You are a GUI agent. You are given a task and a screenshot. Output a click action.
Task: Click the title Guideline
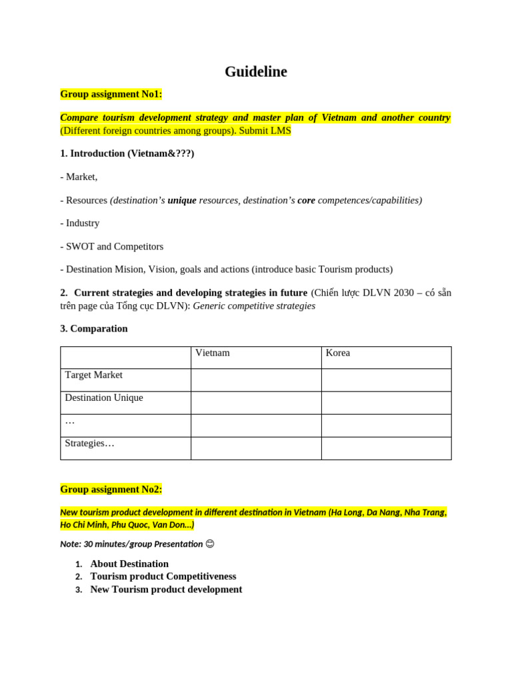[255, 72]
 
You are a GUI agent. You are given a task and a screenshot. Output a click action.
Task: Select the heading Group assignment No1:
[111, 94]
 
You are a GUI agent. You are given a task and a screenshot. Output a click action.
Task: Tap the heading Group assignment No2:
[111, 489]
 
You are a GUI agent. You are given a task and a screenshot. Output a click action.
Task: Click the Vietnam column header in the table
[212, 353]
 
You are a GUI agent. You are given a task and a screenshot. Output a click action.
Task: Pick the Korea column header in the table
[337, 353]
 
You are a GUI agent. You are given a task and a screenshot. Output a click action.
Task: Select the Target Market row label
[93, 375]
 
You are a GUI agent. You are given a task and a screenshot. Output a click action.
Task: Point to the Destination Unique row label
[103, 398]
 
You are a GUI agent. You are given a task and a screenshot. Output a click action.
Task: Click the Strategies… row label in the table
[89, 443]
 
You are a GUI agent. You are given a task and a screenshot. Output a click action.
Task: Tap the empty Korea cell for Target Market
[386, 380]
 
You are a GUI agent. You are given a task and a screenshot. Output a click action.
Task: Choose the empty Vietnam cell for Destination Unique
[256, 403]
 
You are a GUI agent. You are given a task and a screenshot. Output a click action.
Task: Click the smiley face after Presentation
[210, 544]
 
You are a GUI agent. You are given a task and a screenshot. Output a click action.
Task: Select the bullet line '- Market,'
[79, 177]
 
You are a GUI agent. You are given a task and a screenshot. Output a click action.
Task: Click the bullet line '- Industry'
[80, 223]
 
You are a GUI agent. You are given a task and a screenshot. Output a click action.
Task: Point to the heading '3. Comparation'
[94, 328]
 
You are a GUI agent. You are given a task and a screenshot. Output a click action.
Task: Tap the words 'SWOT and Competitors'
[115, 246]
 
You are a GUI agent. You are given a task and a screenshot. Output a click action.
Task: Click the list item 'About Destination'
[129, 564]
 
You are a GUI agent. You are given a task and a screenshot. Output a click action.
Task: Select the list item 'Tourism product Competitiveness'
[163, 576]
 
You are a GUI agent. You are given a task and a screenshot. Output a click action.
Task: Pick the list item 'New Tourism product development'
[166, 589]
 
